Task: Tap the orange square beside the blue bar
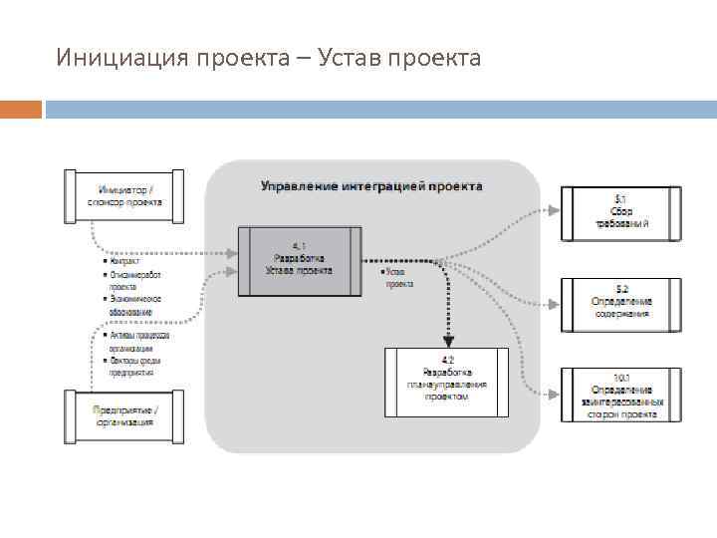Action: point(21,109)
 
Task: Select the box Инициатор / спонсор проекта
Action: point(126,196)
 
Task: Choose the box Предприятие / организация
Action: point(125,415)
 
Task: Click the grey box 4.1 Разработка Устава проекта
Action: point(300,261)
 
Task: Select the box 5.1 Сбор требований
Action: point(621,212)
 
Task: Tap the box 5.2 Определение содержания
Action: point(621,306)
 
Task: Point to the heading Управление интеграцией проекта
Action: point(371,186)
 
